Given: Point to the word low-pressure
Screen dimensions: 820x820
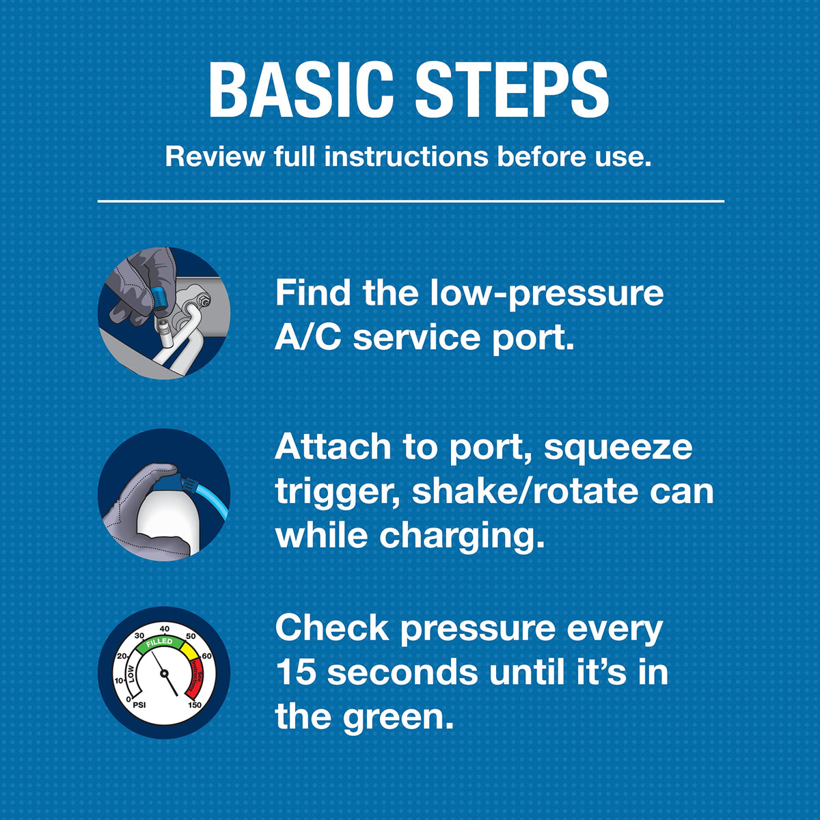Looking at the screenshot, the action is [547, 294].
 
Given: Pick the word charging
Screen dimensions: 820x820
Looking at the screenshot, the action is [462, 536].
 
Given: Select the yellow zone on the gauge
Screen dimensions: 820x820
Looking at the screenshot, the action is [189, 651].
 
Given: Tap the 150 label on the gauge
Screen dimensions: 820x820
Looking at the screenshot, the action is [195, 705].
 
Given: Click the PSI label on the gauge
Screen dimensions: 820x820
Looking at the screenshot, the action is [139, 705].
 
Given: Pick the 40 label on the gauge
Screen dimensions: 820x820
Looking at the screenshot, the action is [164, 629].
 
